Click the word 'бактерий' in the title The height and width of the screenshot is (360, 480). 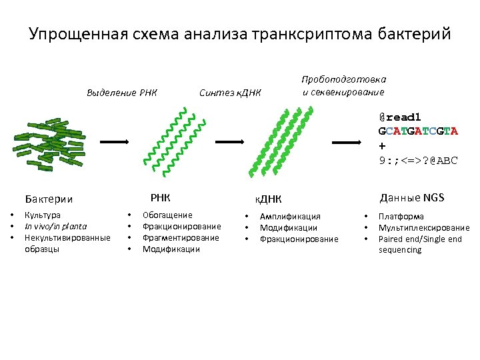414,33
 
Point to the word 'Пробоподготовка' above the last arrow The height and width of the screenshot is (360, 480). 343,79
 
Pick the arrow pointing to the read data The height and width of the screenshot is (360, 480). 347,142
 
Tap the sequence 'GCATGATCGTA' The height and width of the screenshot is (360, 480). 417,131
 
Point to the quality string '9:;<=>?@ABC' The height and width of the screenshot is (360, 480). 417,160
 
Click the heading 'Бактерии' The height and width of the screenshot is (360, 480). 49,199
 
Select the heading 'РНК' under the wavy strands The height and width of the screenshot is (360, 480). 160,197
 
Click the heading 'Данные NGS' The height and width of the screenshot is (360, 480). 411,197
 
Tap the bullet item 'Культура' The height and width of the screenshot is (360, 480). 42,215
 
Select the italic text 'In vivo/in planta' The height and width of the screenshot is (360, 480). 55,227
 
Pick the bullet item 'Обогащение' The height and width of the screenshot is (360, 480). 167,215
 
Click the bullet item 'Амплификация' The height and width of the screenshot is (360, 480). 290,216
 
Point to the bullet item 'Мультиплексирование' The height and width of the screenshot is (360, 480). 423,227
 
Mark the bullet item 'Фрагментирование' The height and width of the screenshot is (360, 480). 181,238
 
